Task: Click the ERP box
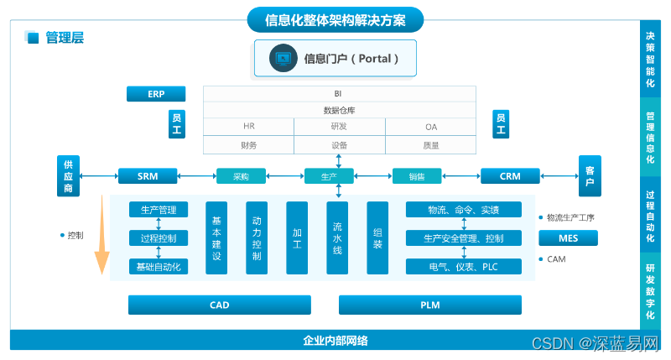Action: coord(156,93)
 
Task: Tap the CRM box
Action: coord(510,176)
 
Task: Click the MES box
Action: coord(568,238)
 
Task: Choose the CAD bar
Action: coord(219,305)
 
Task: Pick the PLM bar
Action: coord(430,305)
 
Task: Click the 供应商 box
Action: coord(69,176)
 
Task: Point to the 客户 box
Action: coord(590,176)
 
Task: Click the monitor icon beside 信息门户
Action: coord(283,59)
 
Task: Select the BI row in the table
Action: coord(339,93)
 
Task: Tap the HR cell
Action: coord(248,127)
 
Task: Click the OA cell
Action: coord(430,127)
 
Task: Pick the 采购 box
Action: coord(241,176)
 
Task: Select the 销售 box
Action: coord(417,176)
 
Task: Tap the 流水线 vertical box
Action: coord(337,238)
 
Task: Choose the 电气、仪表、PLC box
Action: coord(463,266)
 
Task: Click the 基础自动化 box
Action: coord(159,266)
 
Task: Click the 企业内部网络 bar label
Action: coord(335,341)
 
